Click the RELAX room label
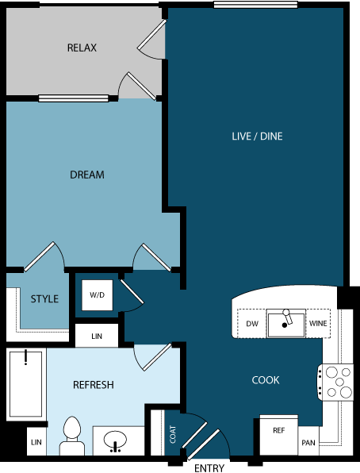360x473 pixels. point(82,48)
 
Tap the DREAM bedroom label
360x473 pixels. point(87,175)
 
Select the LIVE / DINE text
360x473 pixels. point(257,137)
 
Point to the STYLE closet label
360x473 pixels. point(44,299)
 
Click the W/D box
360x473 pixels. point(97,295)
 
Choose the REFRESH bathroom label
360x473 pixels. point(94,385)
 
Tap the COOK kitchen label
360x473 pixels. point(266,380)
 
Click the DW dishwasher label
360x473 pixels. point(252,324)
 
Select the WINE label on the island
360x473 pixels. point(318,324)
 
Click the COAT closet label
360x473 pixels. point(173,434)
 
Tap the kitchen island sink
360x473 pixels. point(285,323)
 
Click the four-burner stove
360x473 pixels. point(335,382)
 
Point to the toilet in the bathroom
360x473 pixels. point(72,436)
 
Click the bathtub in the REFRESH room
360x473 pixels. point(26,386)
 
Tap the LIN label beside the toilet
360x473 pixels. point(36,441)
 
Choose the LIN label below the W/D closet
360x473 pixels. point(97,336)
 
